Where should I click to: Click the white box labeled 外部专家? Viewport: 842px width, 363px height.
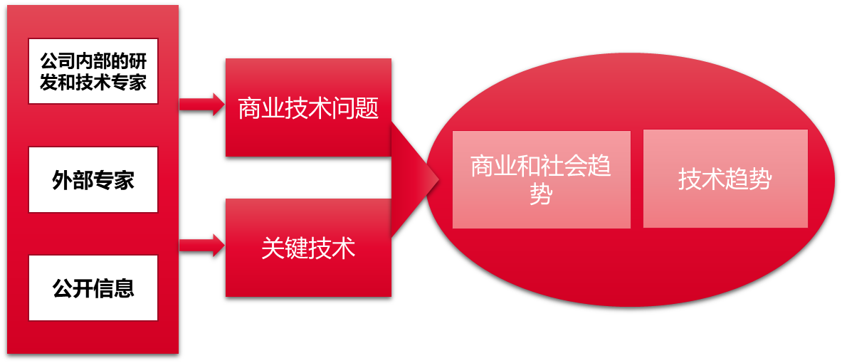click(x=93, y=179)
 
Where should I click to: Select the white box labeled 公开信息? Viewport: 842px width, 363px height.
click(x=93, y=288)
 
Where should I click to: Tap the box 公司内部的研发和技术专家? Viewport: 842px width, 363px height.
click(x=93, y=71)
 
